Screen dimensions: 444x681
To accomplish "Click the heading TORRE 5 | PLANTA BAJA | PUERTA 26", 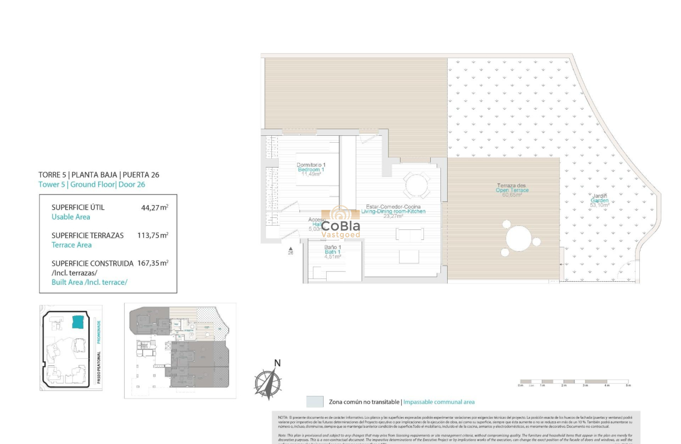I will (99, 174).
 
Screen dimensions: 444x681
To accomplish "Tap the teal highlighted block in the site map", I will (78, 321).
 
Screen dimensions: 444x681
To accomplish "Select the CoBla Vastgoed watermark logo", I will (340, 225).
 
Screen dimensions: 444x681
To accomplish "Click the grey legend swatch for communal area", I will (315, 402).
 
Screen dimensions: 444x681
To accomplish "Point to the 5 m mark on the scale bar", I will (628, 385).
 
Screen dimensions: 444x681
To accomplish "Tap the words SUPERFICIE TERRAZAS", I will (88, 235).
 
